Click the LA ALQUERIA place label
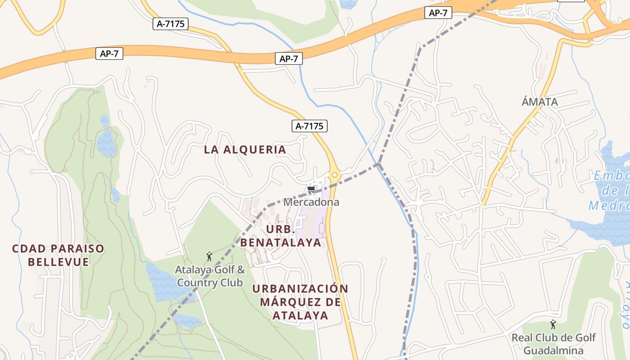coord(245,150)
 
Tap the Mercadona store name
coord(311,202)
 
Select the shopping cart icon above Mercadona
coord(311,190)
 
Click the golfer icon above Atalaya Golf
coord(209,257)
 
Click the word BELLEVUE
coord(58,262)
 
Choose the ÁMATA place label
coord(540,102)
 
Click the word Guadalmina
coord(553,351)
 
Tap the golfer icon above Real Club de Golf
coord(553,324)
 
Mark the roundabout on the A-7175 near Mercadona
coord(334,175)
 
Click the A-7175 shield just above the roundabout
coord(309,126)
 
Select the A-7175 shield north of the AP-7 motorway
coord(171,24)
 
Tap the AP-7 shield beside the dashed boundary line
coord(438,13)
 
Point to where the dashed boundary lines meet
coord(379,163)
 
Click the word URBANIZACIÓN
coord(300,288)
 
